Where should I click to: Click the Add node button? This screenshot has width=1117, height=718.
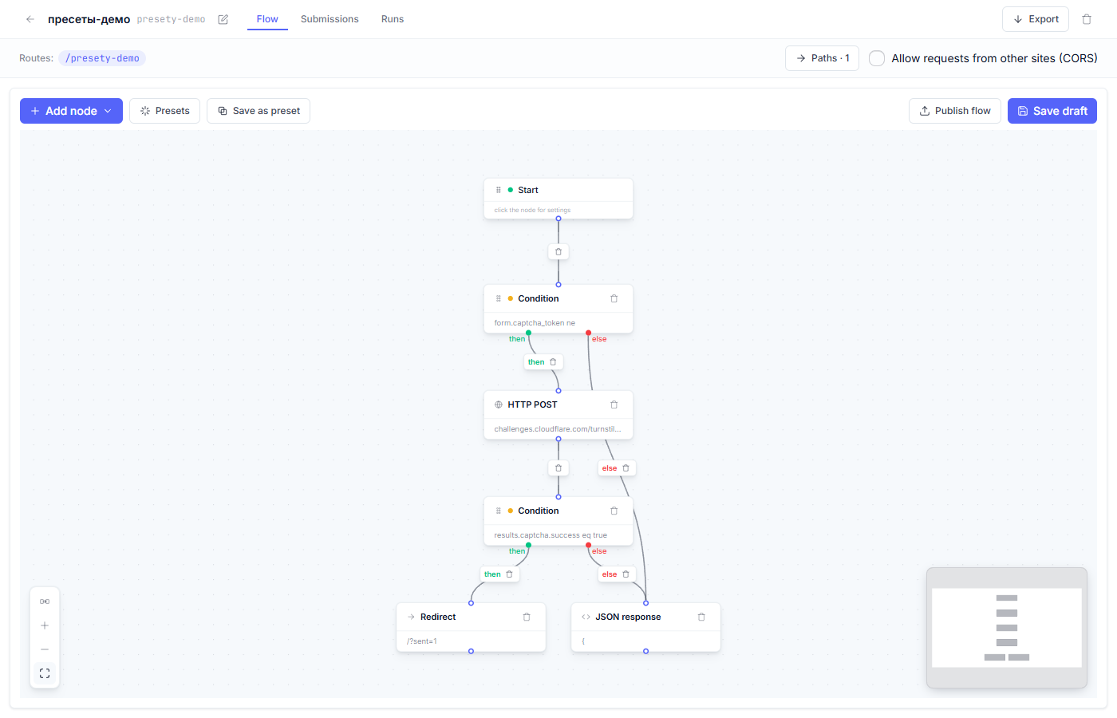(x=71, y=111)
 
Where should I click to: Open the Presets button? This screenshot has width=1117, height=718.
(x=164, y=111)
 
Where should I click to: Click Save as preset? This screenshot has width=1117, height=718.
(x=259, y=111)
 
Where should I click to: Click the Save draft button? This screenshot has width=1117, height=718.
(x=1052, y=111)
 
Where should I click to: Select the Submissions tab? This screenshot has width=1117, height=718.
(x=330, y=19)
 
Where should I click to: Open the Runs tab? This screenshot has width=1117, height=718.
(x=393, y=19)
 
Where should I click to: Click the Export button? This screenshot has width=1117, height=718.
(x=1036, y=19)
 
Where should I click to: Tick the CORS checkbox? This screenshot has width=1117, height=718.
(x=877, y=58)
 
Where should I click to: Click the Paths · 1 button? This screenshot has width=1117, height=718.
(x=822, y=58)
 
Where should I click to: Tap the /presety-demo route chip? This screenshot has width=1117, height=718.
(x=102, y=57)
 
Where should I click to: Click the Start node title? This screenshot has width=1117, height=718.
(x=527, y=190)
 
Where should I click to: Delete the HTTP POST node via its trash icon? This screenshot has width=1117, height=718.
(x=614, y=404)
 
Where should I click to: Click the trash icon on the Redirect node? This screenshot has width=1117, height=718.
(x=527, y=617)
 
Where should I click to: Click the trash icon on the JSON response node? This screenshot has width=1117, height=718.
(x=701, y=617)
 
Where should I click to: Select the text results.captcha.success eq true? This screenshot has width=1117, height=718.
(x=551, y=535)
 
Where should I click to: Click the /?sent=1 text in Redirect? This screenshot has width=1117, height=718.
(x=422, y=641)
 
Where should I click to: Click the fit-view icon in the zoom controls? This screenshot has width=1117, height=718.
(x=45, y=673)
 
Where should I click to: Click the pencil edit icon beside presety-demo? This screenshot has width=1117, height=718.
(x=223, y=19)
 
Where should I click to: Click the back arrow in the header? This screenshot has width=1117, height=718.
(x=30, y=19)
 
